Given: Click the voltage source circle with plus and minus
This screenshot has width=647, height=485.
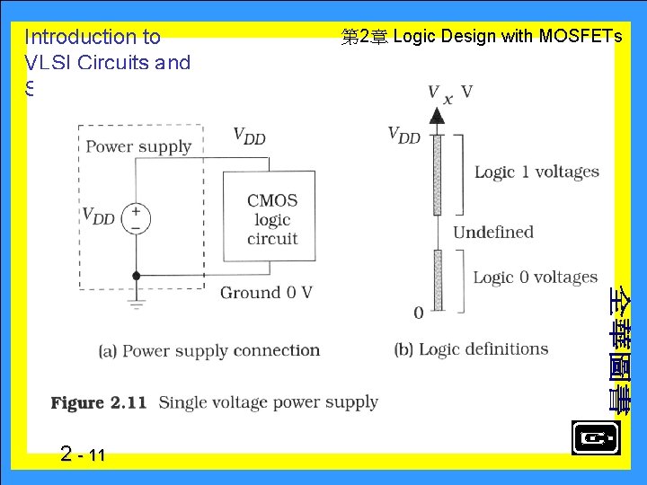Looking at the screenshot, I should [136, 218].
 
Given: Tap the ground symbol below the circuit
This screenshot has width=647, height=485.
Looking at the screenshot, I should [136, 303].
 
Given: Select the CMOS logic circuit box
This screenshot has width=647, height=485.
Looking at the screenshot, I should [270, 218].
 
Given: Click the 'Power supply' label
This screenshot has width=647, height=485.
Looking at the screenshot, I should [138, 146].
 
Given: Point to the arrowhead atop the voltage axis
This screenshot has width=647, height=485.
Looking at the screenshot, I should [437, 115].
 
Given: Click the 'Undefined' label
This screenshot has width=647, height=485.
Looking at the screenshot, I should [492, 232].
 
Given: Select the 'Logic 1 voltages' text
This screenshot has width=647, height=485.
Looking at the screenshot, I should [536, 172].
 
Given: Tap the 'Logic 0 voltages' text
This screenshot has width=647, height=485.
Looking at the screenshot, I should [535, 278].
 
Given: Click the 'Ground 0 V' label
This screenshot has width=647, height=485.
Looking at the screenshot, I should [266, 292].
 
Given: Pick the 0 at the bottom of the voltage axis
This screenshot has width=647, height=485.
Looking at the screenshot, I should [418, 313].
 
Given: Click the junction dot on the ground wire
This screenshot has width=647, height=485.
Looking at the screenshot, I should [136, 276].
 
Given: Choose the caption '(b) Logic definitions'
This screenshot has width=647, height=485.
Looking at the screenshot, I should [471, 349].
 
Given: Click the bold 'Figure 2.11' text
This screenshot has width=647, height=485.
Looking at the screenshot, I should [99, 403].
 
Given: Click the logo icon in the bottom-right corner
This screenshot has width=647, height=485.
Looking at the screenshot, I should [595, 438].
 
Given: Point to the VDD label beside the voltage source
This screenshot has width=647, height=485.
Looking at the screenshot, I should [99, 216].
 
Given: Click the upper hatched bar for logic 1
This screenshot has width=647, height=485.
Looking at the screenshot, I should [438, 174].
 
